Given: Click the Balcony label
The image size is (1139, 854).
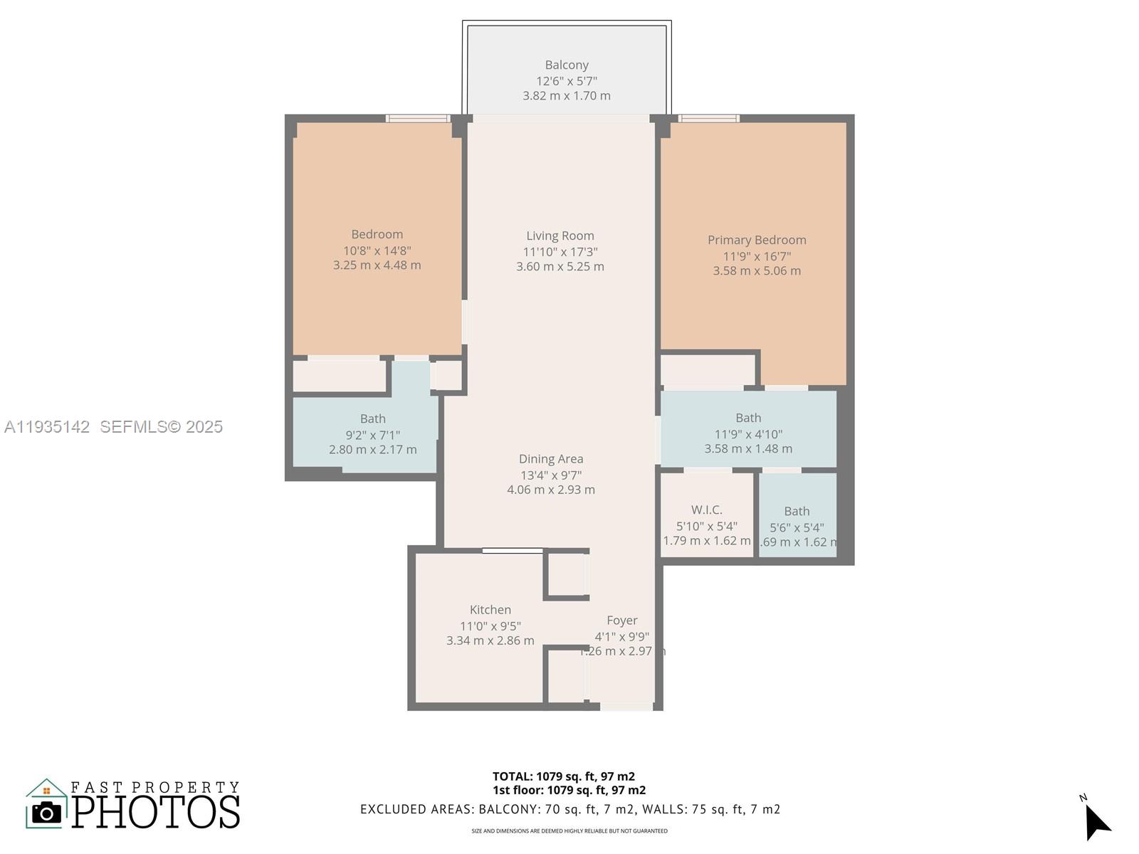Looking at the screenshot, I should pyautogui.click(x=567, y=65).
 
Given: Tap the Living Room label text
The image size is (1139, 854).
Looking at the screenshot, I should pyautogui.click(x=560, y=236).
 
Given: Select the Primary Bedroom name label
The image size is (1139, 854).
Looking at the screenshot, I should pyautogui.click(x=757, y=240).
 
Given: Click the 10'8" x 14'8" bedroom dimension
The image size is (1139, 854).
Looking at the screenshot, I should pyautogui.click(x=377, y=250).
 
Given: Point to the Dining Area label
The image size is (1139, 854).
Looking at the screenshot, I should pyautogui.click(x=551, y=459).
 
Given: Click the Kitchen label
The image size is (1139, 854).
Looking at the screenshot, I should pyautogui.click(x=490, y=610).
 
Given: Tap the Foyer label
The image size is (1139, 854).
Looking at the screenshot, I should pyautogui.click(x=622, y=621).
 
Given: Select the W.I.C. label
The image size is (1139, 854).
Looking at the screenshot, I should pyautogui.click(x=707, y=510).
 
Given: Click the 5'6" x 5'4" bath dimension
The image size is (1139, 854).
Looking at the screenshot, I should pyautogui.click(x=797, y=527).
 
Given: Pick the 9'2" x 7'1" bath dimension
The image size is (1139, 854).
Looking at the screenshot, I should pyautogui.click(x=372, y=434).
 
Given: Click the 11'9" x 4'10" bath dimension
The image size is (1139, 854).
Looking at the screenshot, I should pyautogui.click(x=748, y=433).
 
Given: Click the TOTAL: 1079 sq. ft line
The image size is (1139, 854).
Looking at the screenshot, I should pyautogui.click(x=564, y=776).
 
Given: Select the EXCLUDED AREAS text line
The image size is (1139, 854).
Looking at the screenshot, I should pyautogui.click(x=570, y=809).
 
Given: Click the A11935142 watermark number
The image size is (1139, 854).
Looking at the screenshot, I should pyautogui.click(x=47, y=426).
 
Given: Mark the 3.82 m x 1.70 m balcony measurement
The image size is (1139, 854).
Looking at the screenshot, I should pyautogui.click(x=567, y=95).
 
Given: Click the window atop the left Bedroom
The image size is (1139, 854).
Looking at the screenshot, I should pyautogui.click(x=418, y=118).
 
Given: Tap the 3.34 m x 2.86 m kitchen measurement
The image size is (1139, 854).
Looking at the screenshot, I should pyautogui.click(x=490, y=640).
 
